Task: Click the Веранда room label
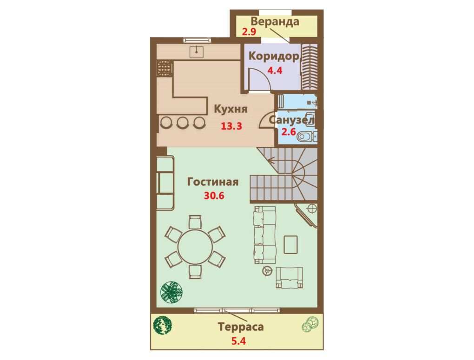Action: point(275,22)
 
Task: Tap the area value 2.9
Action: point(249,32)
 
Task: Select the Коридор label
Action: point(274,57)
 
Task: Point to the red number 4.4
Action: point(275,71)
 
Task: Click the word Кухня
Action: point(230,109)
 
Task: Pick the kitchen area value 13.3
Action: point(231,126)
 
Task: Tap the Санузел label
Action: point(291,120)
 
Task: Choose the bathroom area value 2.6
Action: point(289,132)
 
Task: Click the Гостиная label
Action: point(213,182)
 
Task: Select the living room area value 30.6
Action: point(214,196)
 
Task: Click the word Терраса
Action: point(241,327)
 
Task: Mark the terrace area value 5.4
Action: point(238,341)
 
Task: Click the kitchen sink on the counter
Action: point(197,52)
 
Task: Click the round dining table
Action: point(195,247)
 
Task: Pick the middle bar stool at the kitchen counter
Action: point(183,122)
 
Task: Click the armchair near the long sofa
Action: point(290,277)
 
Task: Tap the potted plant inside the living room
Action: point(171,292)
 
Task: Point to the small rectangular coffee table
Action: point(291,245)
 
